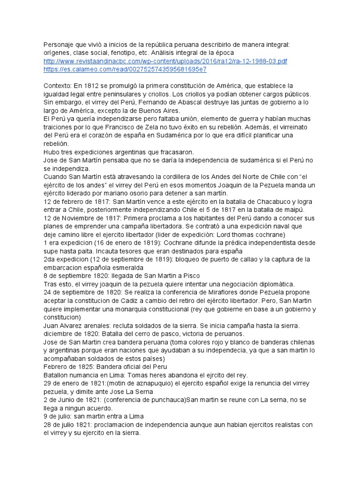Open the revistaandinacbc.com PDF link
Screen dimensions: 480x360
point(165,61)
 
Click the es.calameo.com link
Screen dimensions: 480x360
point(125,70)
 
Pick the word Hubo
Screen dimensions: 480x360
point(51,152)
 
